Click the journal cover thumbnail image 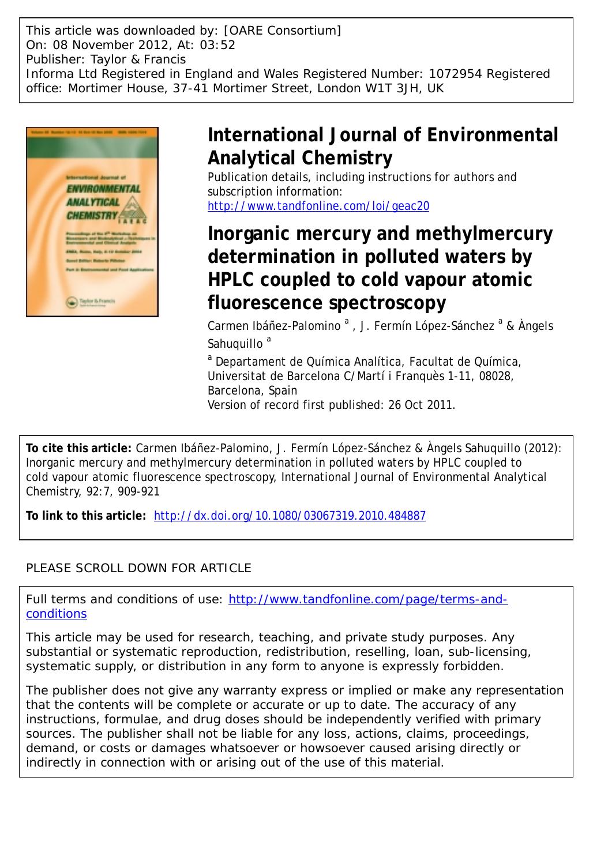(92, 222)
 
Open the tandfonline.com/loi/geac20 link (318, 206)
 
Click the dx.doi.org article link (290, 516)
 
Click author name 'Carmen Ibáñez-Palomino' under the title (274, 326)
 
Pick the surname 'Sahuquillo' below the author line (235, 344)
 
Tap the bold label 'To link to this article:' (86, 516)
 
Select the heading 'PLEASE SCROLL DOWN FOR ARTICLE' (138, 568)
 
